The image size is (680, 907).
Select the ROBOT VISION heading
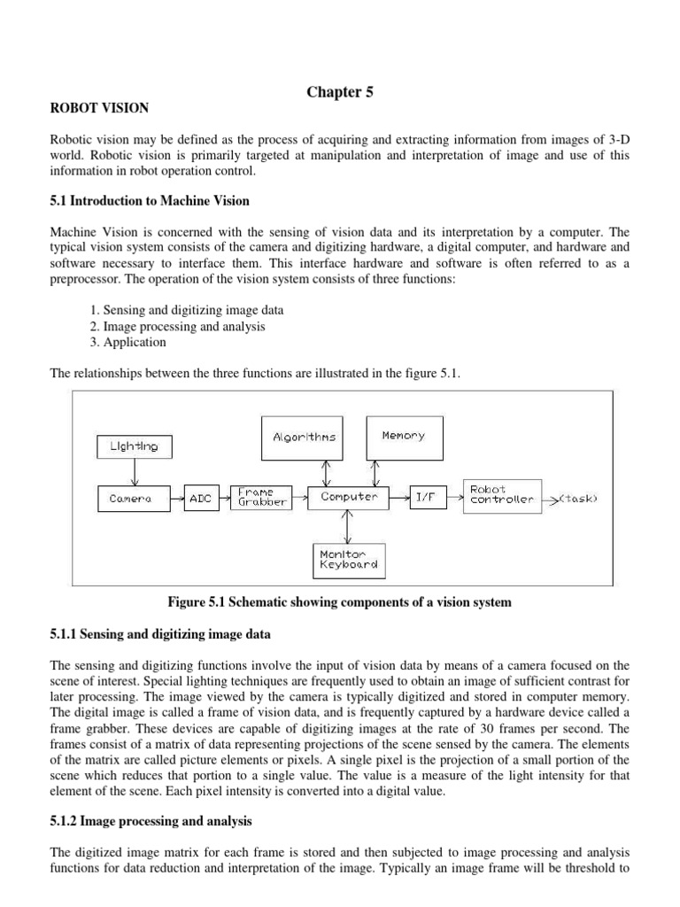point(99,108)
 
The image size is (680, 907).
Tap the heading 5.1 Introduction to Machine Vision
point(150,201)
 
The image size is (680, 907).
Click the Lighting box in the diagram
point(134,446)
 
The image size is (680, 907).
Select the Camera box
point(130,499)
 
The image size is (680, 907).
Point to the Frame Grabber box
point(258,497)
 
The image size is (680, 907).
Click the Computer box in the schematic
point(349,497)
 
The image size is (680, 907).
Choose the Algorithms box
point(304,437)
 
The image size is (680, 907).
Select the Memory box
point(404,436)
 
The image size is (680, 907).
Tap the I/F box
point(428,498)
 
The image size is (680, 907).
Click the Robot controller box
point(502,496)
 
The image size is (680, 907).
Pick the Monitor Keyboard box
point(349,560)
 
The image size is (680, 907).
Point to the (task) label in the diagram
point(580,499)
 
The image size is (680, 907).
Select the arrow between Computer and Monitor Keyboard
point(349,528)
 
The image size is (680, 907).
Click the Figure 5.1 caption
point(339,602)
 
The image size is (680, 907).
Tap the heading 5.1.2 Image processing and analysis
point(151,821)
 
